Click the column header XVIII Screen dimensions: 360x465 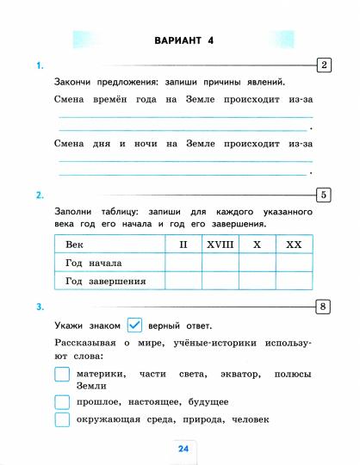[220, 245]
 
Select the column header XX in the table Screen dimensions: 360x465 [294, 245]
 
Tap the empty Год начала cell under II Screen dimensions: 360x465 [183, 263]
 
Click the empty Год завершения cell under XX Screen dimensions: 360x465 [294, 281]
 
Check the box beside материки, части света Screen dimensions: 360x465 [62, 375]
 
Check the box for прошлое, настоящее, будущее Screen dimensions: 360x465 [62, 401]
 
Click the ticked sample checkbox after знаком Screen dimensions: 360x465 [133, 325]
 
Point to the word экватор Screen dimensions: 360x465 [237, 375]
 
